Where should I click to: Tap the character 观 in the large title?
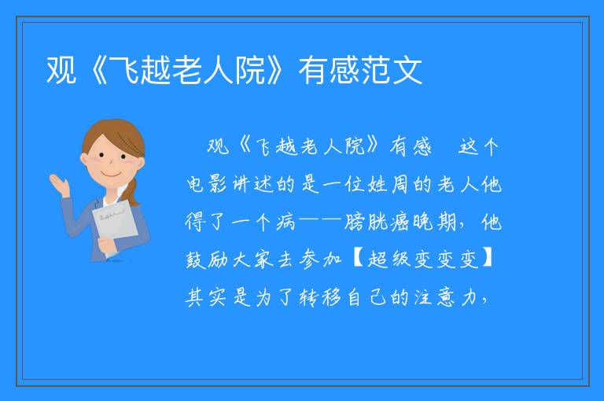61,71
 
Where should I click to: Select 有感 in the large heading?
329,71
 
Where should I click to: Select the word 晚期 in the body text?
434,222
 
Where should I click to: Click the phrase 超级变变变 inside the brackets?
423,259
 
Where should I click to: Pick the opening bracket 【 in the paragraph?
357,259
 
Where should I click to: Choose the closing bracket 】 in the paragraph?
488,259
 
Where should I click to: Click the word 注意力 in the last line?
445,297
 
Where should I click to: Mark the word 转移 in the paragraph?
321,297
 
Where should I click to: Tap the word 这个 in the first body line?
478,146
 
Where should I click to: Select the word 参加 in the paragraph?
321,259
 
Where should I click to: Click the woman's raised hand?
58,185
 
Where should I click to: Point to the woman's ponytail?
133,192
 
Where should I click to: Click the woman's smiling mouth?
109,174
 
